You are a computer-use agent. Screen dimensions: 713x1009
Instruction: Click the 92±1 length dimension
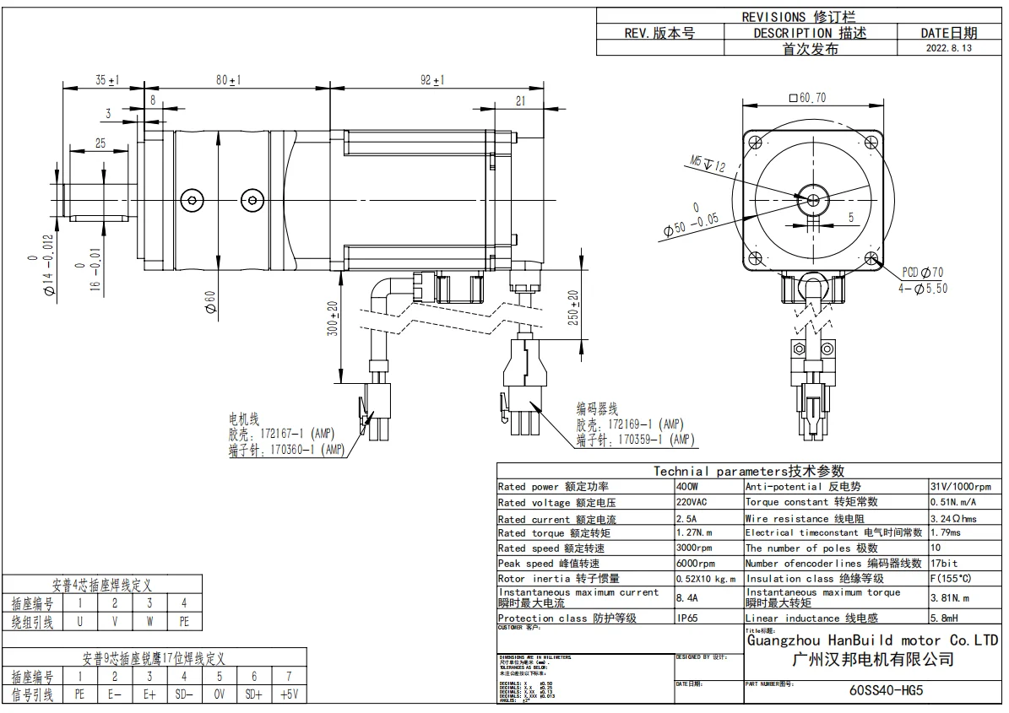click(x=432, y=80)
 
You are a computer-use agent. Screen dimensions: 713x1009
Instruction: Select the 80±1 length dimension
click(x=228, y=80)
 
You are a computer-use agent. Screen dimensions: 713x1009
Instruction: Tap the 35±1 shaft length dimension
click(x=106, y=80)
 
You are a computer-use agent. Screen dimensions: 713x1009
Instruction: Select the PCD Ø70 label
click(x=922, y=273)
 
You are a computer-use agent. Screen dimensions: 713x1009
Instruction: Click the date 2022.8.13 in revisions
click(x=949, y=49)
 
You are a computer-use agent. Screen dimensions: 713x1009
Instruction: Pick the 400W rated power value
click(x=687, y=487)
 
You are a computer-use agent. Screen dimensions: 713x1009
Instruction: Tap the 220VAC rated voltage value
click(x=692, y=502)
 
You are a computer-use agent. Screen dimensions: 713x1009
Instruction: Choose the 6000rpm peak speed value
click(x=695, y=564)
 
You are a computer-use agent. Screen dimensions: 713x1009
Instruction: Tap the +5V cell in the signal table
click(x=290, y=695)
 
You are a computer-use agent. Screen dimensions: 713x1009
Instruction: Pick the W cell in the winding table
click(x=149, y=623)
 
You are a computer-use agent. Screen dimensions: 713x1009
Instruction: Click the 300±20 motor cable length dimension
click(x=334, y=319)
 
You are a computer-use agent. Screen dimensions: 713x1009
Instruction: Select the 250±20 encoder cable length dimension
click(x=572, y=311)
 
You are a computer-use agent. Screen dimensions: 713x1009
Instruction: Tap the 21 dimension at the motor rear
click(x=519, y=100)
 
